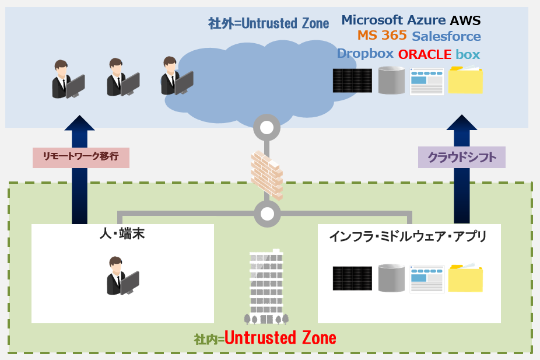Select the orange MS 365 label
[x=382, y=36]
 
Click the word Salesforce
[x=446, y=36]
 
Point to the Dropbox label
[x=365, y=54]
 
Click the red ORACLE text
[x=425, y=55]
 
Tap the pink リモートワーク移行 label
[x=80, y=158]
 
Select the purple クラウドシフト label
[x=461, y=158]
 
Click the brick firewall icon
[x=267, y=173]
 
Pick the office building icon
[x=266, y=287]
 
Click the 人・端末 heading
[x=122, y=235]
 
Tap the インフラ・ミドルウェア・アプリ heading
[x=408, y=236]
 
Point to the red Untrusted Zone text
[x=280, y=338]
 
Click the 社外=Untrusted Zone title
[x=268, y=23]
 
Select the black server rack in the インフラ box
[x=352, y=278]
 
